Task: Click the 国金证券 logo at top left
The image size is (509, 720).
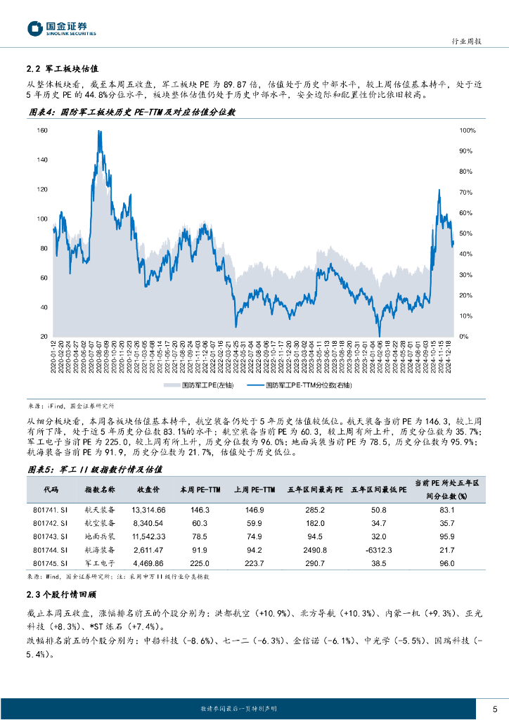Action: pyautogui.click(x=62, y=28)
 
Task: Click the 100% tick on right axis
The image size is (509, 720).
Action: pyautogui.click(x=468, y=131)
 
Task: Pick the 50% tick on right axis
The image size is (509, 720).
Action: pyautogui.click(x=467, y=233)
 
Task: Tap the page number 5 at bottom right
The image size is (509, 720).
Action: pyautogui.click(x=495, y=708)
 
